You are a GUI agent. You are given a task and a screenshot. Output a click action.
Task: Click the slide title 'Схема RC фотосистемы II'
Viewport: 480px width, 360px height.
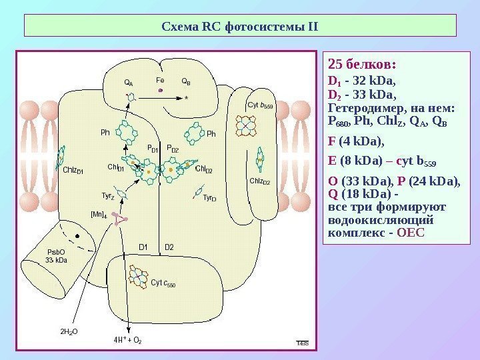click(241, 27)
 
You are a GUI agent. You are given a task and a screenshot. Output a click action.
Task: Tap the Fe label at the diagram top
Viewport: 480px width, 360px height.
click(160, 79)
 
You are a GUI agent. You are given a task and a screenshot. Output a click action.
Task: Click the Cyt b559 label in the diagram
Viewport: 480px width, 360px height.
click(260, 105)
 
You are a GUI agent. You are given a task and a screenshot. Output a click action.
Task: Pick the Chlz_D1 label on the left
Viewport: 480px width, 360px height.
click(73, 170)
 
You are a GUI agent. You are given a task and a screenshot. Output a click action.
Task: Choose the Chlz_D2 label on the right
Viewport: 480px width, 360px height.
click(259, 181)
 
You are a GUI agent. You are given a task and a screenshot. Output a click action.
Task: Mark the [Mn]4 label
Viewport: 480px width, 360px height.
click(98, 214)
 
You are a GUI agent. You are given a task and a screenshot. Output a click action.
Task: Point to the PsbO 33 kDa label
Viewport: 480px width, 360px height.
click(57, 256)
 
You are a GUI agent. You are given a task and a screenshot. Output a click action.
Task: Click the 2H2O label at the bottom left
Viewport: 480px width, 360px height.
click(69, 330)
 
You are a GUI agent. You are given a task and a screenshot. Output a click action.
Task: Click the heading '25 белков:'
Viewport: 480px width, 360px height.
click(363, 65)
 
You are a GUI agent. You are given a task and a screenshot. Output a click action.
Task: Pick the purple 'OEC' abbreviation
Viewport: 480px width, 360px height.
click(410, 234)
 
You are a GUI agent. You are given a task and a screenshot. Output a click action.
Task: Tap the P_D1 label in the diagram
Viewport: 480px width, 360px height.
click(152, 149)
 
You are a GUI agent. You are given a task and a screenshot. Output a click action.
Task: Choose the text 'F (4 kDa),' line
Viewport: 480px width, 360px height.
click(357, 141)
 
